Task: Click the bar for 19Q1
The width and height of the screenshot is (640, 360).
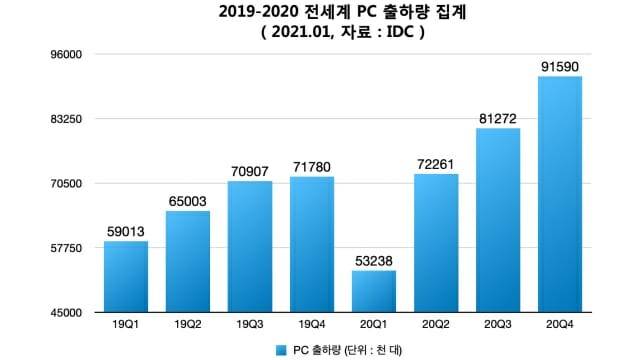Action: pos(126,277)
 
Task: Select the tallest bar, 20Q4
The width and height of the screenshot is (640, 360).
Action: pos(560,195)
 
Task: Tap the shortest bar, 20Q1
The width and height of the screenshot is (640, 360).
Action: pos(374,291)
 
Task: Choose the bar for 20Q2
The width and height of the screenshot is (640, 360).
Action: pos(436,243)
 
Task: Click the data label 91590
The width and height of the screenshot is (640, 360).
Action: pos(560,66)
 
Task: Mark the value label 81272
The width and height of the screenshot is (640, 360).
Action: pos(498,119)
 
